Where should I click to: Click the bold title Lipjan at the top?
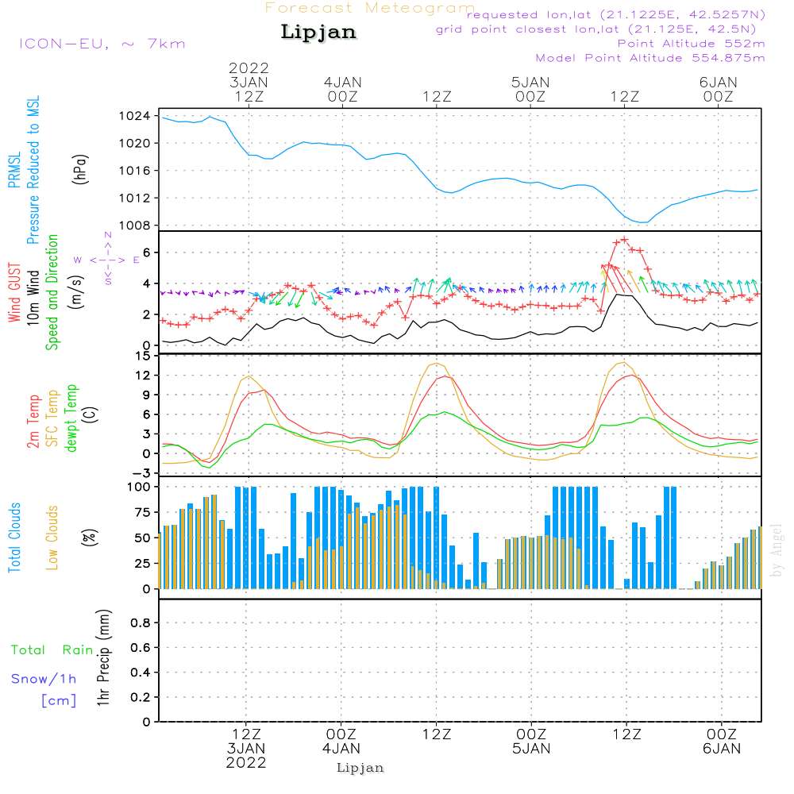[x=318, y=33]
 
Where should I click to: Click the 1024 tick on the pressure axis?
[x=140, y=116]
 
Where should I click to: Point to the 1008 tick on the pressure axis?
[x=140, y=225]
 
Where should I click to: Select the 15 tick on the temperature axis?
[x=143, y=355]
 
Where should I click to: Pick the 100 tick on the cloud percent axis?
[x=139, y=486]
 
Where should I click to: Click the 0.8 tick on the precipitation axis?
[x=140, y=623]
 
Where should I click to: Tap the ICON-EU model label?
[x=102, y=44]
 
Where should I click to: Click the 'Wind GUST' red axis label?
[x=14, y=293]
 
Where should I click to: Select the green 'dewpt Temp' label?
[x=71, y=418]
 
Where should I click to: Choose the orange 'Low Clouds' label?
[x=52, y=536]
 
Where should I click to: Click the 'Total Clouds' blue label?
[x=15, y=538]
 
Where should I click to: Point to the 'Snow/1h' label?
[x=44, y=679]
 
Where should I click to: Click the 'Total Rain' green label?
[x=52, y=650]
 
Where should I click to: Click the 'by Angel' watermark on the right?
[x=777, y=551]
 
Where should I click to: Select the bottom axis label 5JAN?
[x=531, y=748]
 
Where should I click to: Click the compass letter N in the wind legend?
[x=108, y=236]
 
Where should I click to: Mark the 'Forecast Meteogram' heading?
[x=370, y=8]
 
